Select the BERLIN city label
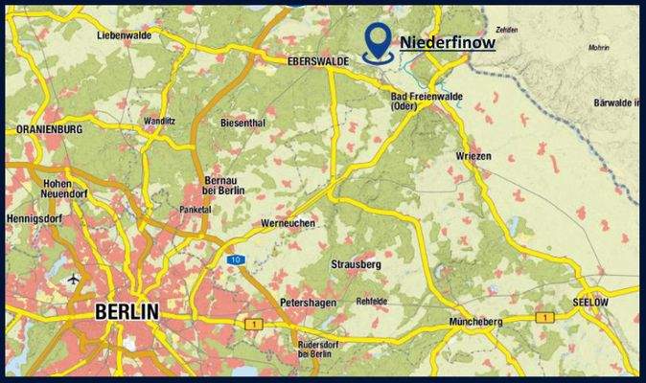coord(127,312)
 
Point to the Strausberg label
coord(356,263)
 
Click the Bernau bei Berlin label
coord(225,186)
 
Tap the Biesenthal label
coord(242,124)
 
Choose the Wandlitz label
coord(160,122)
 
